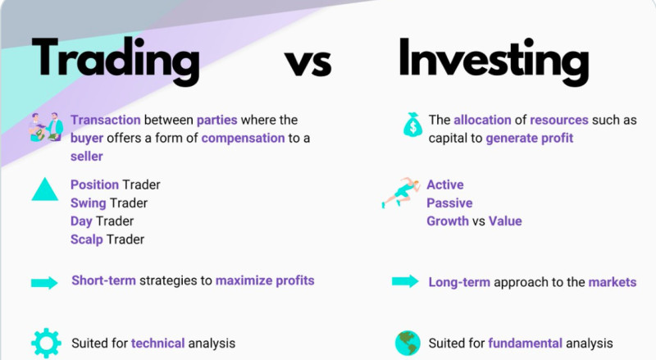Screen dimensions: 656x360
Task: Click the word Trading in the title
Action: [116, 61]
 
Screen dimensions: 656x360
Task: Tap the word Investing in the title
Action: [494, 61]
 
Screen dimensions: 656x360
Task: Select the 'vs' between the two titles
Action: [308, 63]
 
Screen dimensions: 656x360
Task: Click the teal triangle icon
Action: [45, 189]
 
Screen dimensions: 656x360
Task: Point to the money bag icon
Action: [413, 125]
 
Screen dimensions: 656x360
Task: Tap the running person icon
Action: [400, 193]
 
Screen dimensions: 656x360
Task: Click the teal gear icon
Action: [46, 344]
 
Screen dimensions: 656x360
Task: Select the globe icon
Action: [408, 344]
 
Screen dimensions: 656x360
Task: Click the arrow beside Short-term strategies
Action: [44, 283]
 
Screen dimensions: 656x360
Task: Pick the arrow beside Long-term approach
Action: [405, 281]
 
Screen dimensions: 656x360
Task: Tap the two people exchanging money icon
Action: [46, 127]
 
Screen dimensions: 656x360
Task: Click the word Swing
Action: [89, 203]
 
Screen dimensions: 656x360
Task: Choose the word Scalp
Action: [87, 239]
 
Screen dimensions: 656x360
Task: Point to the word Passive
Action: [449, 203]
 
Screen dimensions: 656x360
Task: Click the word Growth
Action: [448, 221]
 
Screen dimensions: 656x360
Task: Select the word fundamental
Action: [525, 344]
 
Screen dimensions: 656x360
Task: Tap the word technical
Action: [157, 344]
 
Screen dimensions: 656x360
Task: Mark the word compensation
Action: [243, 139]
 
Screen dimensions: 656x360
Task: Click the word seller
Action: [87, 157]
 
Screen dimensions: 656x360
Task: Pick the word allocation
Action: [482, 121]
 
